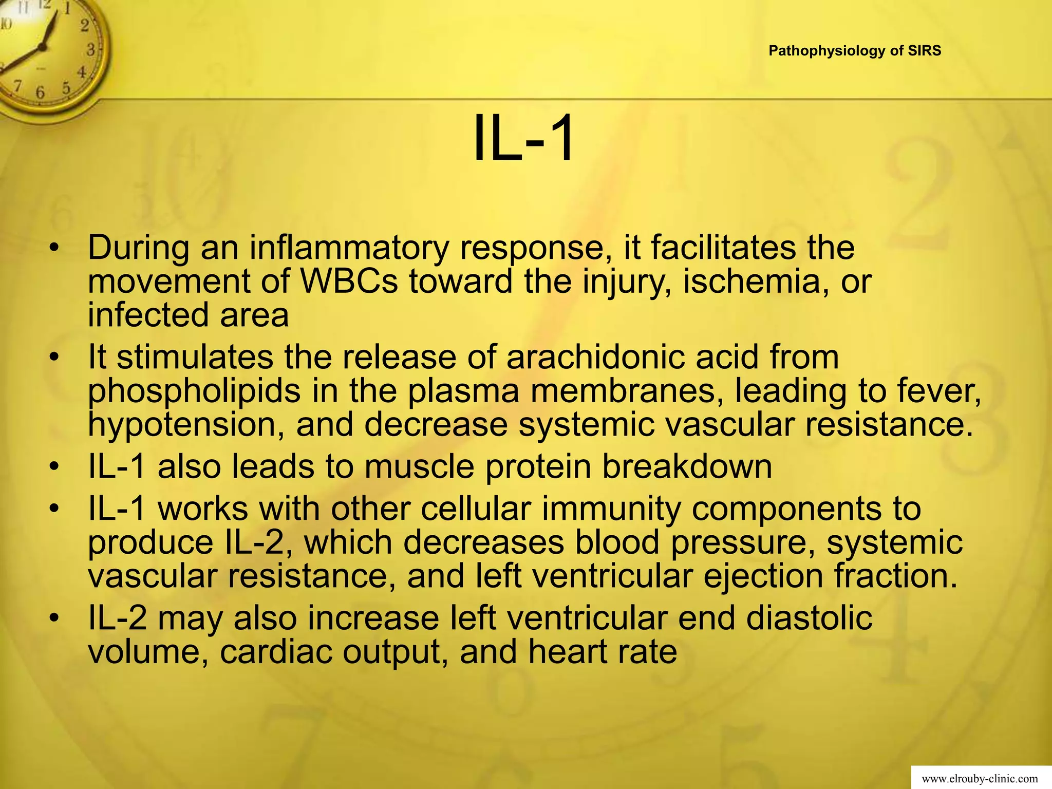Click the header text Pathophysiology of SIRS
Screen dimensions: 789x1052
[x=855, y=51]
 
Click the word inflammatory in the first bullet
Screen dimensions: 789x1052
[x=349, y=248]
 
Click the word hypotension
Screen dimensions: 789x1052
[x=186, y=425]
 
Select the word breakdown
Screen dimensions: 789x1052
[x=687, y=466]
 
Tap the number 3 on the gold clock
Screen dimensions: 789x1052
[x=90, y=50]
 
